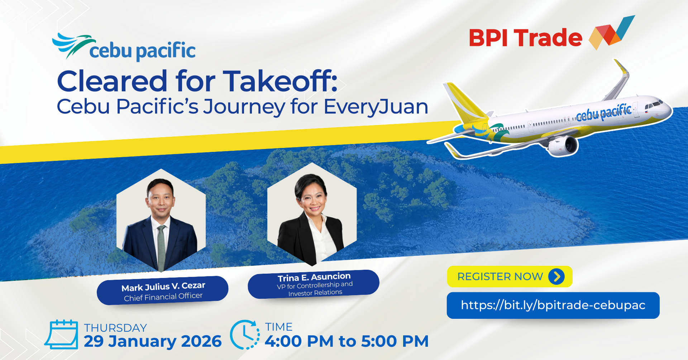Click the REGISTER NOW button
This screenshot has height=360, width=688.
click(509, 277)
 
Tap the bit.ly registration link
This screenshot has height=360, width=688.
click(553, 305)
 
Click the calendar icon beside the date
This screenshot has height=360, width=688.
click(62, 334)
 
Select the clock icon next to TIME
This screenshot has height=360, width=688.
click(245, 335)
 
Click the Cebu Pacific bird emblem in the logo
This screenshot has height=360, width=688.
click(73, 44)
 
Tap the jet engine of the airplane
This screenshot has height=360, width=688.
click(563, 145)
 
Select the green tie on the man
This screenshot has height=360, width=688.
click(162, 247)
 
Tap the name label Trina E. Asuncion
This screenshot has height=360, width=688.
click(314, 277)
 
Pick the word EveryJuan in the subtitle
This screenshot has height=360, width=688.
click(376, 107)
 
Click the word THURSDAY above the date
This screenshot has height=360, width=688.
click(115, 328)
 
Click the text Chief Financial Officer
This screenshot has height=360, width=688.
click(163, 297)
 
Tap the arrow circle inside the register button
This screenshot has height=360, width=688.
click(556, 277)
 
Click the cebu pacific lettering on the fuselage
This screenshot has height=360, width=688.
click(604, 112)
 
